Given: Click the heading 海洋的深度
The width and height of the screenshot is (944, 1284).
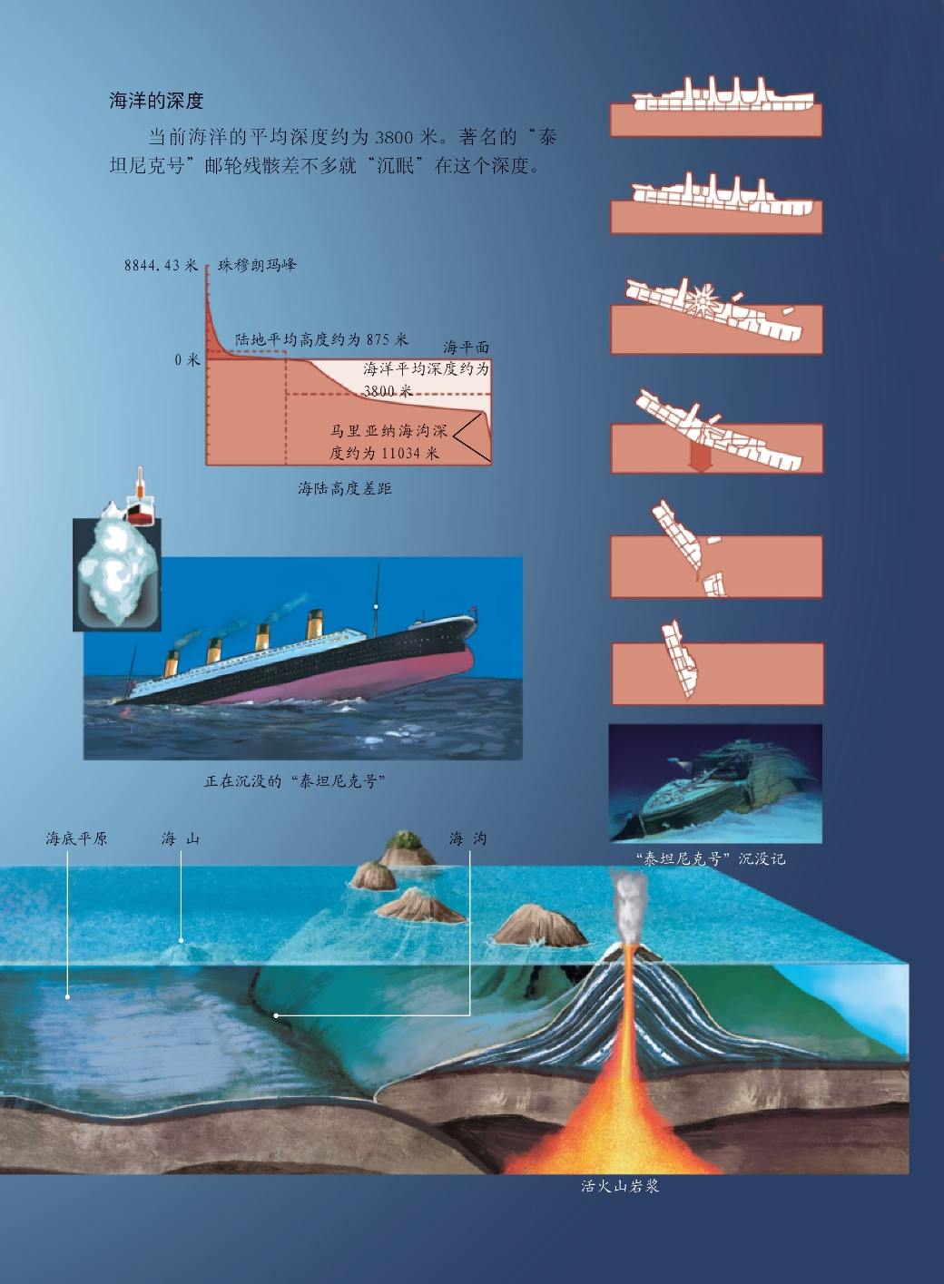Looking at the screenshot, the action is [156, 101].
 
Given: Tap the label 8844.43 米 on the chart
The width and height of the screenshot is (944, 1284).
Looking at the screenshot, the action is [161, 265].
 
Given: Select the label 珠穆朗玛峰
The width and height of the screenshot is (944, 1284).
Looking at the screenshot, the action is [257, 265].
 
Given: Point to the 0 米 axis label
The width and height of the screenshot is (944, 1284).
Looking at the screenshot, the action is [187, 359].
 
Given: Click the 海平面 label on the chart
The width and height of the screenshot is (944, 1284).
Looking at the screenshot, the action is [466, 347].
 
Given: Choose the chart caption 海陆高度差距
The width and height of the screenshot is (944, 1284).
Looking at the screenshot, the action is [345, 488].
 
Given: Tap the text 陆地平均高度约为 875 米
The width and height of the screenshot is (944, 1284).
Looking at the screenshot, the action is [321, 339].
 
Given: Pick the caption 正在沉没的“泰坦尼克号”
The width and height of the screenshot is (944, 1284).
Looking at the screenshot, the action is [295, 780].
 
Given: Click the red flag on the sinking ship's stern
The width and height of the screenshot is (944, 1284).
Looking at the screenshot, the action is [473, 609].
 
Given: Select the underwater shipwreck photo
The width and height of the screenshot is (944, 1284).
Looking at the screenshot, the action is [715, 783].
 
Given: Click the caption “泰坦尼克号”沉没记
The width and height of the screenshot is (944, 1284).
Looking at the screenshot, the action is [711, 858].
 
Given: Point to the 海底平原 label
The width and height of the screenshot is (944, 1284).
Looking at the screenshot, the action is [77, 838].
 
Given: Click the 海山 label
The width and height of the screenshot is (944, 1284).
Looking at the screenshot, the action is [181, 838].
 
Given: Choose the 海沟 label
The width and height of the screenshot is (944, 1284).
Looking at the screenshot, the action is [468, 838].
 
